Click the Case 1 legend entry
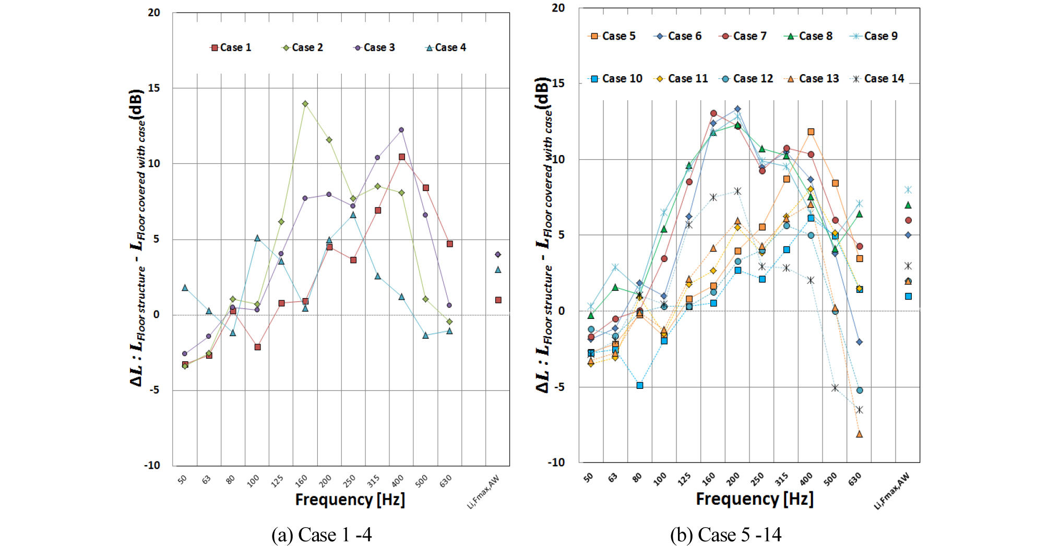(x=231, y=48)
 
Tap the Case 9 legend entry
(x=875, y=36)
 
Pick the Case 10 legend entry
(x=616, y=79)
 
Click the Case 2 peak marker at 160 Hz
(x=305, y=104)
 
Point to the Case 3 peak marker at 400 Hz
(x=401, y=130)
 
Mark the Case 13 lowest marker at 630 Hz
(x=860, y=434)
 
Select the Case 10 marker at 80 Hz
(x=640, y=386)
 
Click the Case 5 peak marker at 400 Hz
(x=811, y=132)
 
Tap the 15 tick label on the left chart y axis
(x=154, y=88)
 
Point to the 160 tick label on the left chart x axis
(x=301, y=480)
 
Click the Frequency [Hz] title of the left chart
(x=350, y=500)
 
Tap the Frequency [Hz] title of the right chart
(x=755, y=498)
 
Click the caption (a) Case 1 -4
(x=321, y=535)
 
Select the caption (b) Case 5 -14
(x=725, y=535)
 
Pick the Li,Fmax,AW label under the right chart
(x=892, y=491)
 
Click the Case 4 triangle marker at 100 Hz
(x=257, y=238)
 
